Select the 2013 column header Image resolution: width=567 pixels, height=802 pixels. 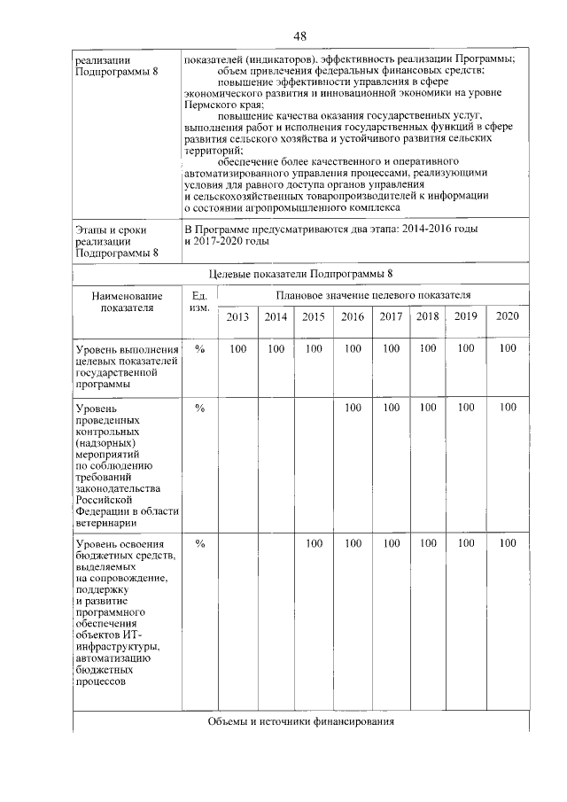(237, 316)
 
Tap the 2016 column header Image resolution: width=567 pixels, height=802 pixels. (353, 316)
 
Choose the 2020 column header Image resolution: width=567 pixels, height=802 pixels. (507, 316)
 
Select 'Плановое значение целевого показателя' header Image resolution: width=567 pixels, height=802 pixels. (373, 294)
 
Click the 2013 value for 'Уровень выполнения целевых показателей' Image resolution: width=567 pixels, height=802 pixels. (237, 349)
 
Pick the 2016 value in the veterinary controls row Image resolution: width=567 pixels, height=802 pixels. (353, 408)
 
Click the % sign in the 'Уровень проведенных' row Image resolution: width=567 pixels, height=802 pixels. (199, 408)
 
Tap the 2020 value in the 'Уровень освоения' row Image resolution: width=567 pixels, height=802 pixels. (507, 543)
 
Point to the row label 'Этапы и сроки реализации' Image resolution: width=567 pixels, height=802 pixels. (116, 240)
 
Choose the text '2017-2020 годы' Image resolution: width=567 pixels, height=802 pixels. (226, 241)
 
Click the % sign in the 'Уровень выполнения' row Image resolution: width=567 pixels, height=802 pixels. (199, 349)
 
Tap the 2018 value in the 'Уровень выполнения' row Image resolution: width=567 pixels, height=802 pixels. (428, 349)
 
